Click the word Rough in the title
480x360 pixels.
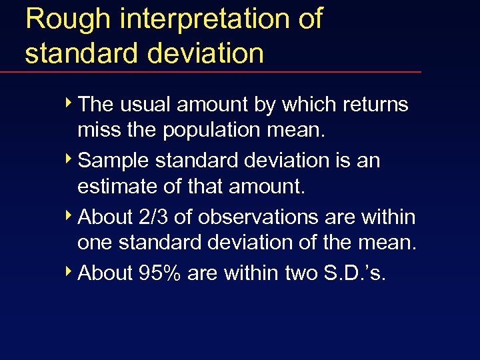(67, 19)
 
